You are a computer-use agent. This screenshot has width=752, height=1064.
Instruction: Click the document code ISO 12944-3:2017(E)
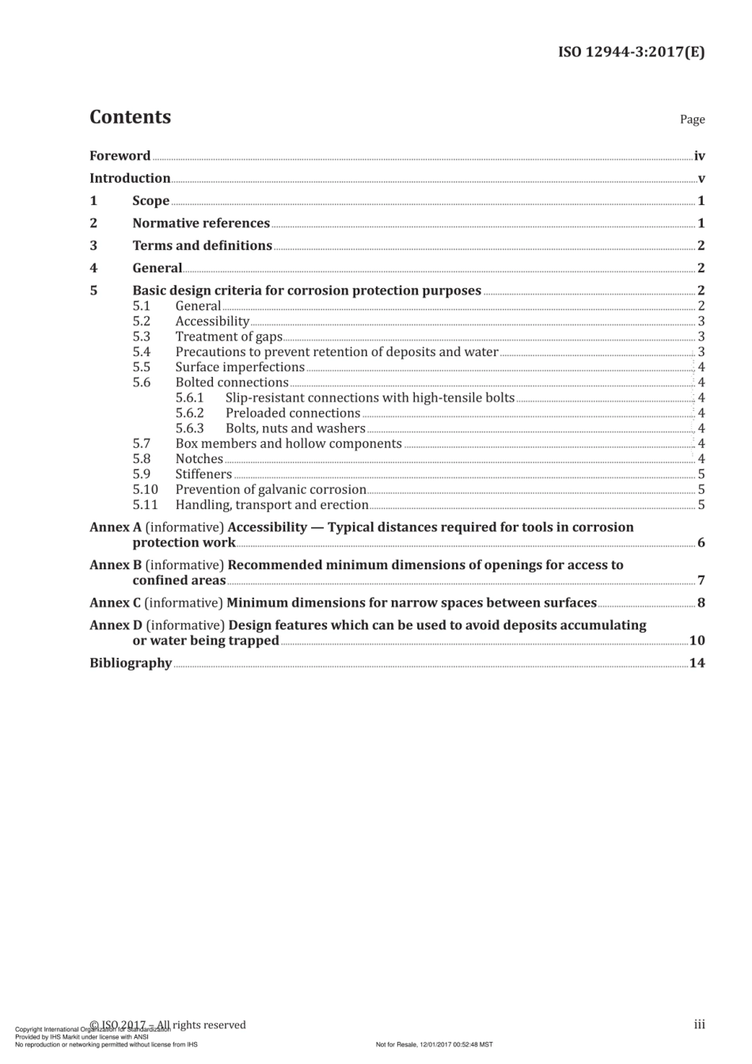click(631, 52)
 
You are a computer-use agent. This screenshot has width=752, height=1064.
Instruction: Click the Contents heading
click(130, 117)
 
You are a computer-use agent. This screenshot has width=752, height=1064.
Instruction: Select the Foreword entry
click(120, 156)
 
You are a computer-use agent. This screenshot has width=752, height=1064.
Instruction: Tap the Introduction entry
click(130, 178)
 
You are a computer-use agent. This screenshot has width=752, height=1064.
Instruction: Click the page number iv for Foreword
click(699, 156)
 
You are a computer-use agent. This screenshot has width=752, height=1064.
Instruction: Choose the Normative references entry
click(201, 223)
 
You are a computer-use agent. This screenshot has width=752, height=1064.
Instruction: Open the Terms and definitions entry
click(202, 245)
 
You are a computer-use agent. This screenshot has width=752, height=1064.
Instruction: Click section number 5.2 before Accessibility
click(141, 321)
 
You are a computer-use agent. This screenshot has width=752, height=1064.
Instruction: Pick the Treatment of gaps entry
click(229, 336)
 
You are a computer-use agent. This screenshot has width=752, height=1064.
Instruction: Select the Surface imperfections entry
click(240, 367)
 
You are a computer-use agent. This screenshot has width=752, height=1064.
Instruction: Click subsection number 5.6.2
click(189, 413)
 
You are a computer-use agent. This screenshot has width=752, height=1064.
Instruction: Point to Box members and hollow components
click(288, 443)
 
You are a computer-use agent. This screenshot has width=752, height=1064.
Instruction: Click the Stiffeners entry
click(203, 474)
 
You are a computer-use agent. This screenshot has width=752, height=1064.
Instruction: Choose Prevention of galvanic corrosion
click(271, 489)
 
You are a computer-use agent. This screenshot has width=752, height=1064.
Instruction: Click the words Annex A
click(110, 527)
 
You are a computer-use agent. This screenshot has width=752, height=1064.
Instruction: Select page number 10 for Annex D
click(697, 640)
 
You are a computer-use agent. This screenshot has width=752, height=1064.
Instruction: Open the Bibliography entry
click(131, 663)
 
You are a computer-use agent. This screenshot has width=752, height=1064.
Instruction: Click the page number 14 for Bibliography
click(697, 663)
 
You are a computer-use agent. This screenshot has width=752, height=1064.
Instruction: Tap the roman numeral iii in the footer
click(699, 1024)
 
